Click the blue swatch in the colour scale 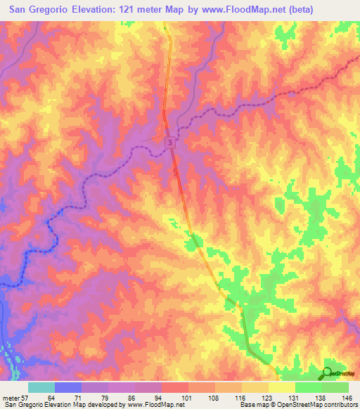(68, 387)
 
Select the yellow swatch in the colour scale (281, 387)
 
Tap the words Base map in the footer (250, 404)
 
